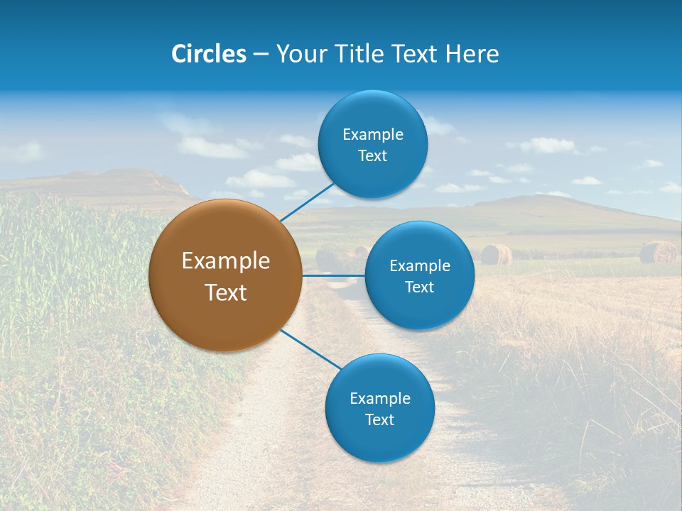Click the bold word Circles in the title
[x=209, y=54]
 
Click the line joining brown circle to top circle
[x=307, y=202]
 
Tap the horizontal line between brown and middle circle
[x=333, y=275]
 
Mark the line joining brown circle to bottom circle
[x=310, y=349]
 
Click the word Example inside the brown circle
[x=225, y=261]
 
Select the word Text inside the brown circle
[x=225, y=292]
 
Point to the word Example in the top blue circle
[x=372, y=135]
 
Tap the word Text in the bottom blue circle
[x=379, y=420]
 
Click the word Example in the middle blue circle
[x=419, y=266]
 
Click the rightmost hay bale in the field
[x=658, y=252]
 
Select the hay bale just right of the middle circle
[x=495, y=254]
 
